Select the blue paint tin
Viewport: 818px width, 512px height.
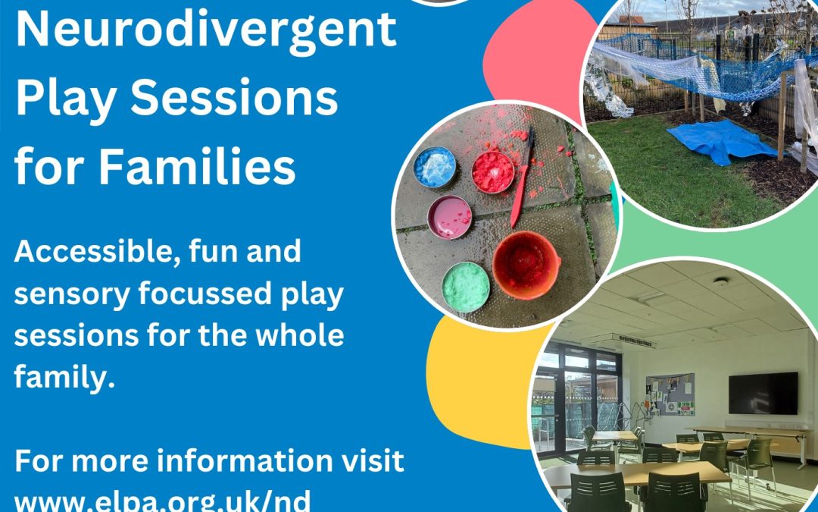435,167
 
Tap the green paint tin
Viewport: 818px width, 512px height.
466,287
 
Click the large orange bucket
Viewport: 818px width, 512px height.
526,265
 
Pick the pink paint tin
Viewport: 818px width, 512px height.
450,218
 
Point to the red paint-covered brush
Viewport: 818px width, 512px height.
523,177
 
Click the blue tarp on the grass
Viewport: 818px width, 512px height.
723,142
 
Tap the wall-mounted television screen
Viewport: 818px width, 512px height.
763,394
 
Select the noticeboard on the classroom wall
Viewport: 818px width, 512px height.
670,394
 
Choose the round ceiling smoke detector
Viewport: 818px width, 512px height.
720,282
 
